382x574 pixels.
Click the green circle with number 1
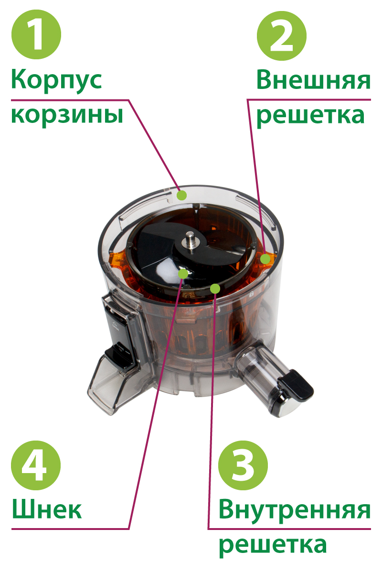[36, 34]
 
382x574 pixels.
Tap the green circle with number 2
[281, 35]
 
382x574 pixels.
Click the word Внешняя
[313, 80]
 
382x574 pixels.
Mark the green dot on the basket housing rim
[182, 195]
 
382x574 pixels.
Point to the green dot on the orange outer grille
[265, 259]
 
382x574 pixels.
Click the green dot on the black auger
[183, 274]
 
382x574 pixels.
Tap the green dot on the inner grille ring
[215, 289]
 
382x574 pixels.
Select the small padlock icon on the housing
[251, 294]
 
